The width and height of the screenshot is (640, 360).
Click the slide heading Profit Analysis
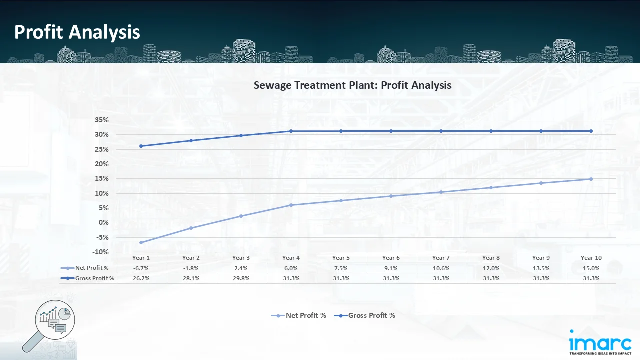pyautogui.click(x=77, y=32)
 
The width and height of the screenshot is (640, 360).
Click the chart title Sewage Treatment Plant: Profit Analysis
pyautogui.click(x=352, y=85)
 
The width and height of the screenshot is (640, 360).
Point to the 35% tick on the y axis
pyautogui.click(x=101, y=120)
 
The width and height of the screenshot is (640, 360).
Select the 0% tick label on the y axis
pyautogui.click(x=103, y=223)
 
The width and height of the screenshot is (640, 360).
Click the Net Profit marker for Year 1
pyautogui.click(x=141, y=243)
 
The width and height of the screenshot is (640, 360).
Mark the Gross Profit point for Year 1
pyautogui.click(x=141, y=146)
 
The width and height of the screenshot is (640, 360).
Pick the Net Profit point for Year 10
pyautogui.click(x=591, y=179)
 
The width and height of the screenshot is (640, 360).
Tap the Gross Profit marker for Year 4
pyautogui.click(x=291, y=131)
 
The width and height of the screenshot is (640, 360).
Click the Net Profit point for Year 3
pyautogui.click(x=241, y=216)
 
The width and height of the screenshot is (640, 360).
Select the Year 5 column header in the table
pyautogui.click(x=341, y=258)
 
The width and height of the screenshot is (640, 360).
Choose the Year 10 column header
pyautogui.click(x=591, y=258)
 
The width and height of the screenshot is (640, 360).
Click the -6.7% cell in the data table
pyautogui.click(x=141, y=268)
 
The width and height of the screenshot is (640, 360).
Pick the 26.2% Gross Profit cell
pyautogui.click(x=141, y=278)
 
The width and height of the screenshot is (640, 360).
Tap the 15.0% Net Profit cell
pyautogui.click(x=591, y=268)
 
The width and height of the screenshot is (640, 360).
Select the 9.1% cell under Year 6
pyautogui.click(x=391, y=268)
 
